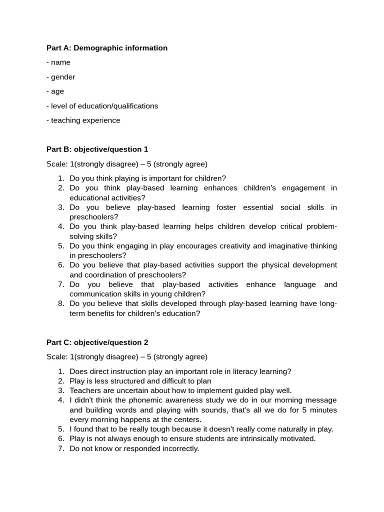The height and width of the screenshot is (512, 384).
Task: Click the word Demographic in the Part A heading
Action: [96, 48]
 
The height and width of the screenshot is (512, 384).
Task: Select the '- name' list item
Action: [58, 62]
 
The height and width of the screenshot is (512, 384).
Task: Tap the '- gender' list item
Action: [61, 77]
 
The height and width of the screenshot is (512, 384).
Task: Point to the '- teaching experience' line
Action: [83, 120]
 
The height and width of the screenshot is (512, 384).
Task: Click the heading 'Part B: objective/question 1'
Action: [97, 149]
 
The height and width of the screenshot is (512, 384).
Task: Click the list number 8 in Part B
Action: [61, 304]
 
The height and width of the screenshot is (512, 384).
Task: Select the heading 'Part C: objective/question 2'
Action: [97, 342]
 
